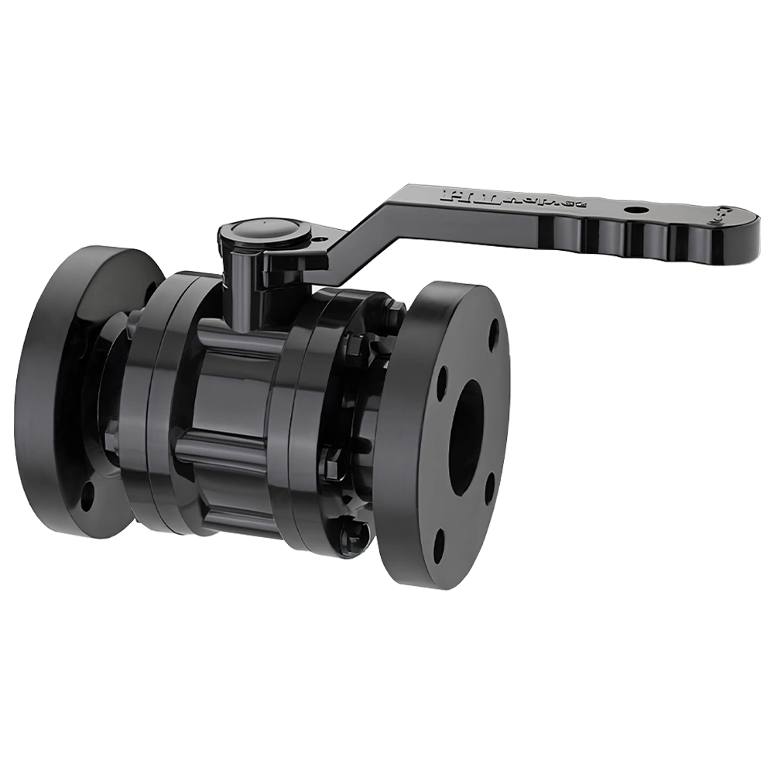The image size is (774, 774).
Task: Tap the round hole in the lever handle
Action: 635,209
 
